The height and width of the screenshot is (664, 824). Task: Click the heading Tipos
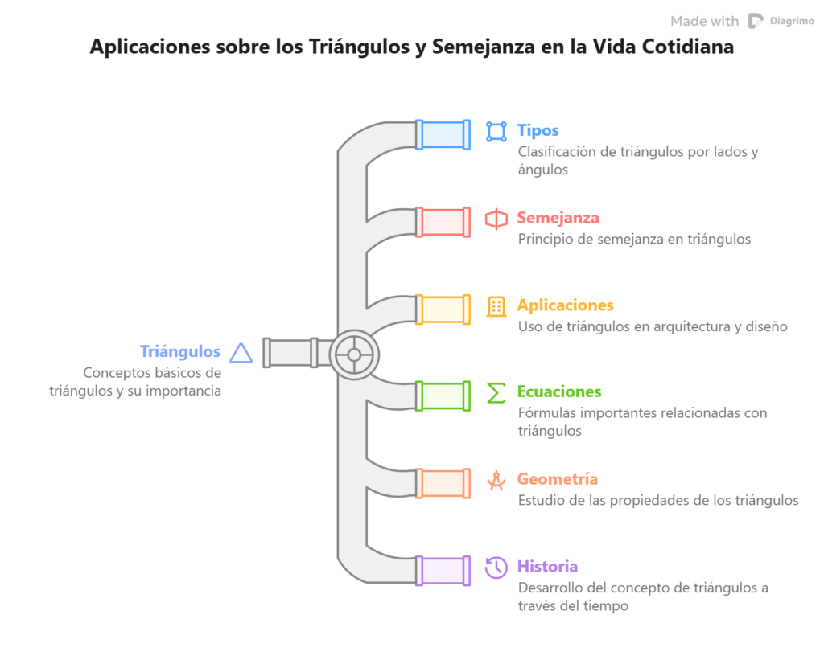pyautogui.click(x=538, y=130)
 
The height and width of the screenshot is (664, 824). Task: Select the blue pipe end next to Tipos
pyautogui.click(x=443, y=135)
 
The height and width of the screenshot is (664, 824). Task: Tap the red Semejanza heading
pyautogui.click(x=558, y=218)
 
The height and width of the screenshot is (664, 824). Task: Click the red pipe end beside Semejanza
pyautogui.click(x=443, y=222)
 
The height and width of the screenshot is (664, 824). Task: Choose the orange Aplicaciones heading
pyautogui.click(x=566, y=305)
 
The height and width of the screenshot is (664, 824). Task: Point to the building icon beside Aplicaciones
pyautogui.click(x=496, y=306)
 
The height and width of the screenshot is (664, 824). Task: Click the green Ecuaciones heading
pyautogui.click(x=559, y=391)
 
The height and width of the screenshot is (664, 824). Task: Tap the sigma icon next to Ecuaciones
pyautogui.click(x=496, y=393)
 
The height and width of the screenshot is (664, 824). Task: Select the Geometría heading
pyautogui.click(x=558, y=479)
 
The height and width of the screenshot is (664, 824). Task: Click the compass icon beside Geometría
pyautogui.click(x=496, y=480)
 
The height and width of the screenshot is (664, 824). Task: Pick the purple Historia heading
pyautogui.click(x=547, y=567)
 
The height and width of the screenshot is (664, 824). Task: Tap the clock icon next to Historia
pyautogui.click(x=496, y=568)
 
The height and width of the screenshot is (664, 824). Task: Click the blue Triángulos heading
pyautogui.click(x=179, y=351)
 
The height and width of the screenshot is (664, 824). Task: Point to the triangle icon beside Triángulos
pyautogui.click(x=241, y=353)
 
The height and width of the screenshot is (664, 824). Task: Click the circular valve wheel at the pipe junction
pyautogui.click(x=354, y=355)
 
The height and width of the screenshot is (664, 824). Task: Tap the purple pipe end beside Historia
pyautogui.click(x=443, y=571)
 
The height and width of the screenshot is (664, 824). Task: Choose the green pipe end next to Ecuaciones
pyautogui.click(x=443, y=396)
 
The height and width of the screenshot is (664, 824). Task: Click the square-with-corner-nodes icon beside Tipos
pyautogui.click(x=496, y=132)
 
